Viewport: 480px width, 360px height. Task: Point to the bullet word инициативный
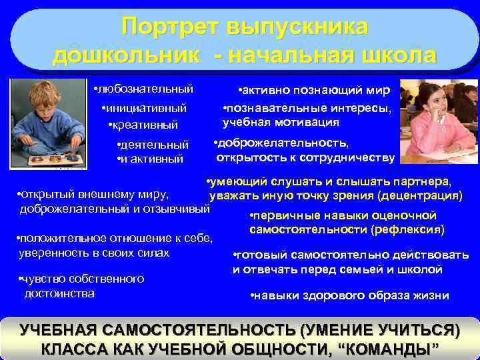pyautogui.click(x=145, y=107)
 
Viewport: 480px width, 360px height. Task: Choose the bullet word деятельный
pyautogui.click(x=155, y=145)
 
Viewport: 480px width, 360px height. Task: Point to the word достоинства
pyautogui.click(x=59, y=293)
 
